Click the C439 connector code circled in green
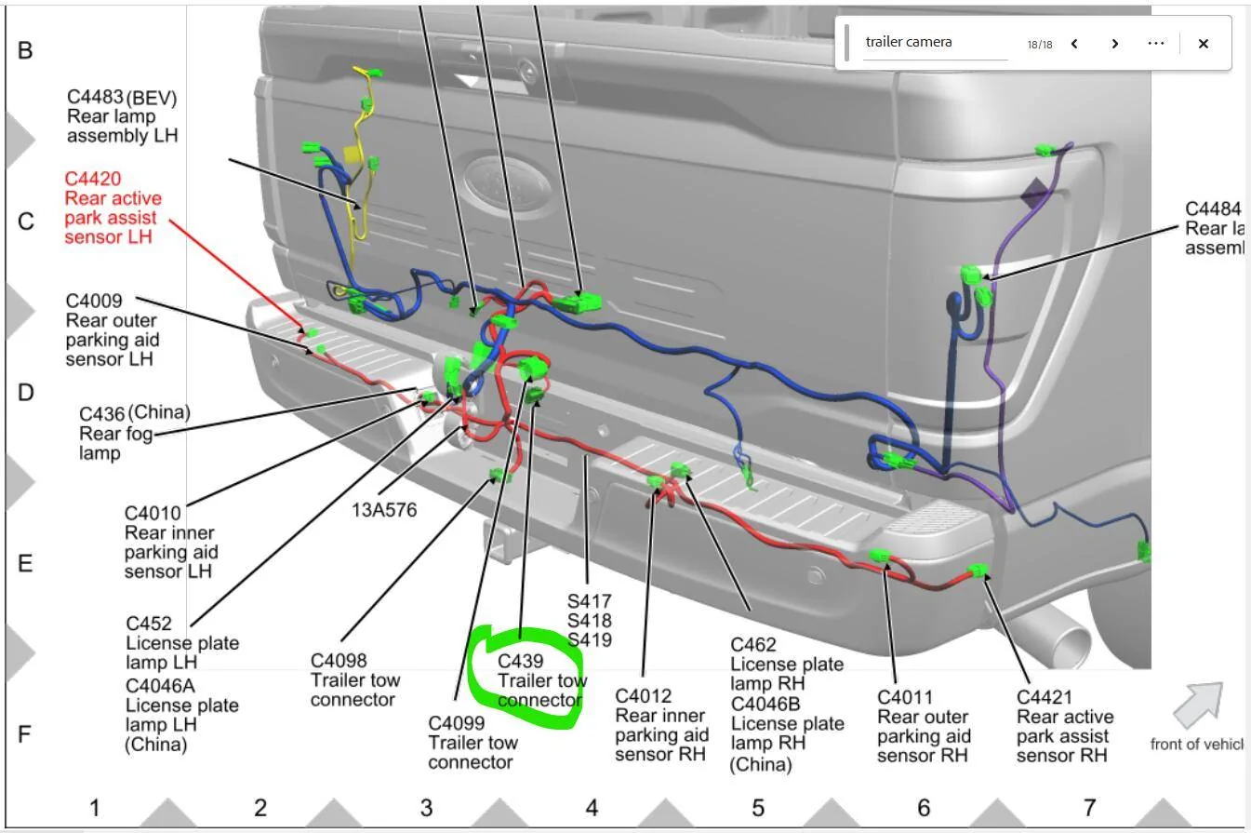pyautogui.click(x=520, y=661)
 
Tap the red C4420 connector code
pyautogui.click(x=93, y=179)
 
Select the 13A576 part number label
pyautogui.click(x=384, y=510)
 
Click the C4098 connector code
pyautogui.click(x=339, y=661)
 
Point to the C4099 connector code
pyautogui.click(x=457, y=723)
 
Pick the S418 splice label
pyautogui.click(x=590, y=621)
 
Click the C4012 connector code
pyautogui.click(x=644, y=696)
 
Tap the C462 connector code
pyautogui.click(x=753, y=645)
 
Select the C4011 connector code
pyautogui.click(x=905, y=697)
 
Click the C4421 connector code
pyautogui.click(x=1045, y=697)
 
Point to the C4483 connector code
pyautogui.click(x=95, y=97)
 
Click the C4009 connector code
pyautogui.click(x=94, y=301)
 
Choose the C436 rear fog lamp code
pyautogui.click(x=102, y=414)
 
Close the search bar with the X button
pyautogui.click(x=1204, y=44)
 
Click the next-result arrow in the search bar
pyautogui.click(x=1114, y=44)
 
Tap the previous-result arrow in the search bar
pyautogui.click(x=1074, y=44)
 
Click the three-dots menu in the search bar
pyautogui.click(x=1155, y=43)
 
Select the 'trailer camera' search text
pyautogui.click(x=909, y=42)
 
